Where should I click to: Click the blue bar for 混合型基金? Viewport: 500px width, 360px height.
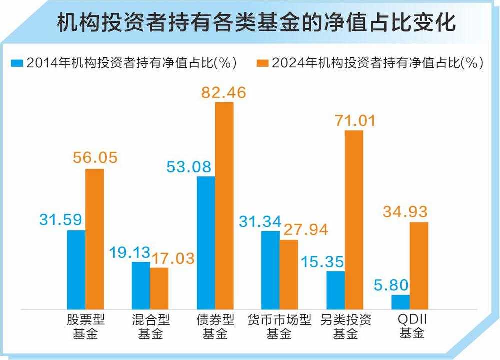click(141, 285)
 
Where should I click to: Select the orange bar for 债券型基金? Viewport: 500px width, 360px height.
click(224, 205)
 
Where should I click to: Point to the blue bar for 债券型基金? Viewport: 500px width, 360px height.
click(206, 242)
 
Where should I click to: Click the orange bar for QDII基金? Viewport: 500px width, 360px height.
click(419, 265)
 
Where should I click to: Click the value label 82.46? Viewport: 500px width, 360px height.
click(224, 92)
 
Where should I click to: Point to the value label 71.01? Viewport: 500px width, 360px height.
click(354, 120)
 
